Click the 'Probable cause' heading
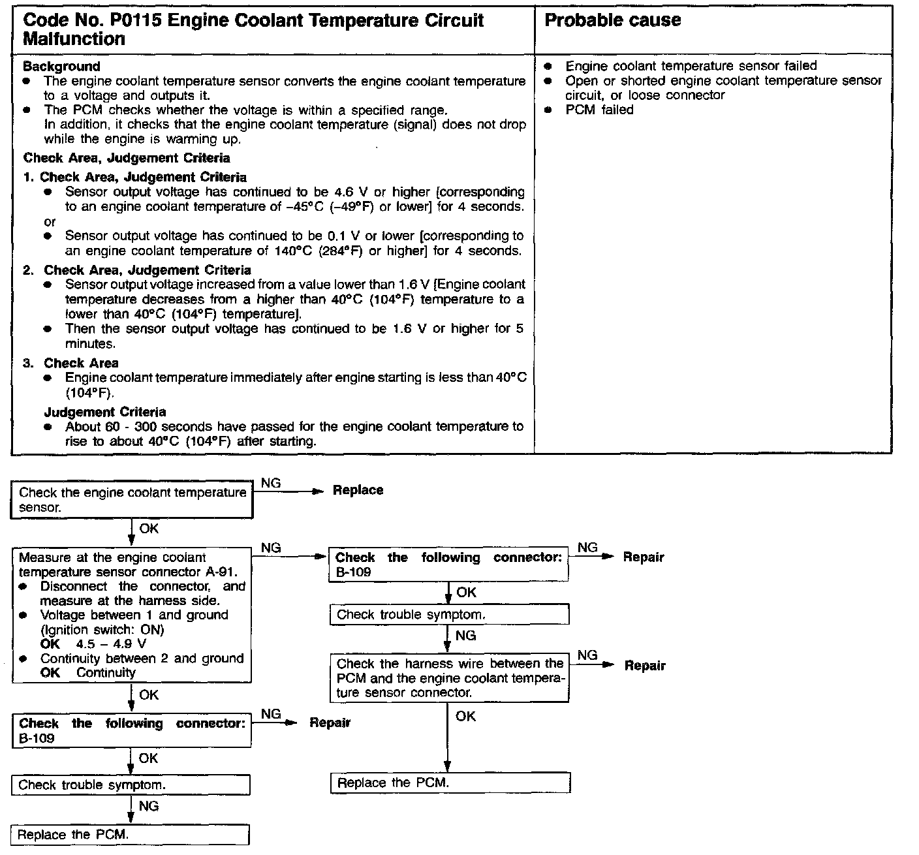[612, 20]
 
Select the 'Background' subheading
[61, 67]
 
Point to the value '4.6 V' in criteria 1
[351, 192]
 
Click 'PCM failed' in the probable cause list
[599, 110]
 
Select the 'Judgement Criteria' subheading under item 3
[105, 412]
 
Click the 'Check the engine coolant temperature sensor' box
[132, 499]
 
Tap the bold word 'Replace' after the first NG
[358, 490]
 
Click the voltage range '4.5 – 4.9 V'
[111, 644]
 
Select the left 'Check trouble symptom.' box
[131, 785]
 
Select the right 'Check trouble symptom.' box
[449, 615]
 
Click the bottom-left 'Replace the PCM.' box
[131, 835]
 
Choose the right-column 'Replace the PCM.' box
[450, 783]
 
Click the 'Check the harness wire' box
[449, 677]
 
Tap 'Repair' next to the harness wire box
[645, 666]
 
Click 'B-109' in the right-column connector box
[353, 572]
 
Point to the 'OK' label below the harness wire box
[465, 716]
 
